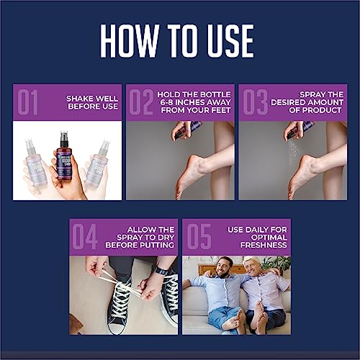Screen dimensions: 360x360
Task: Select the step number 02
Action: (x=140, y=102)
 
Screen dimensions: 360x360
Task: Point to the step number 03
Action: (x=253, y=102)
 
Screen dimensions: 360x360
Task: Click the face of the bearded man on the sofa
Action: (x=225, y=265)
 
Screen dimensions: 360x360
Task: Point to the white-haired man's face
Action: (x=252, y=267)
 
